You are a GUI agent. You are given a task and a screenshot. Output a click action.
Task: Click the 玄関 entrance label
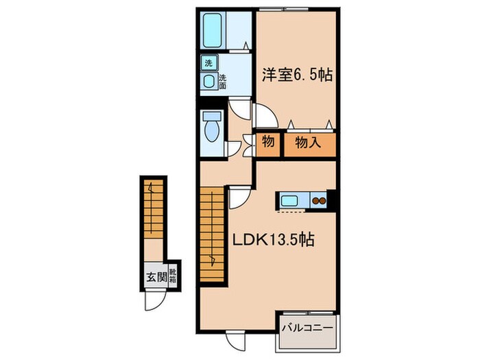156,278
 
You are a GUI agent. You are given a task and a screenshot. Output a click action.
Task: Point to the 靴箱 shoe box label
174,276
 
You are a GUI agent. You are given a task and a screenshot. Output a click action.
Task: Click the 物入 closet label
309,145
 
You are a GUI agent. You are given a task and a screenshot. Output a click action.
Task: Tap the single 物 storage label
268,145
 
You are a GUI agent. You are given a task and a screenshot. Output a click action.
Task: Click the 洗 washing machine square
208,64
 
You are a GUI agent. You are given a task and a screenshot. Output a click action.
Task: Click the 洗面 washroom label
223,82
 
